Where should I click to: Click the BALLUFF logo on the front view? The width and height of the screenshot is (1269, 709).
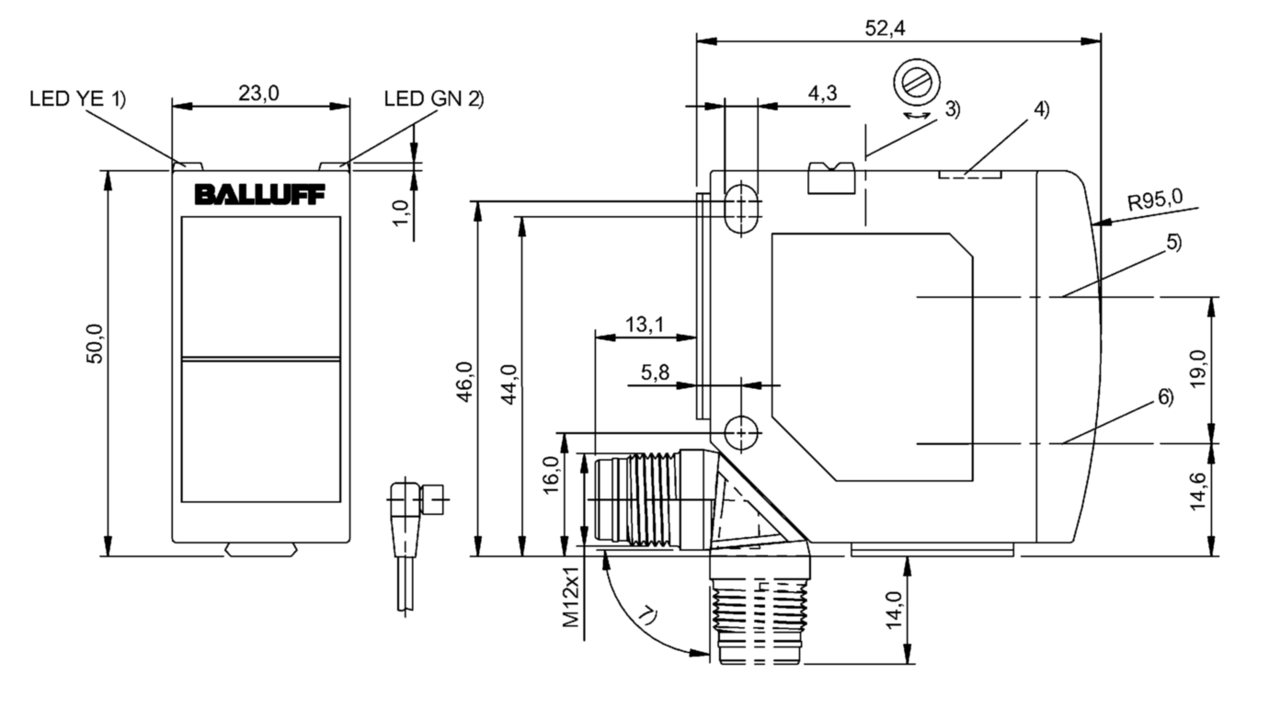tap(260, 195)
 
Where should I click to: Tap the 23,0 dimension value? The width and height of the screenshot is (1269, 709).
tap(260, 93)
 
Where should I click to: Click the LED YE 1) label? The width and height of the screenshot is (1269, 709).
tap(77, 99)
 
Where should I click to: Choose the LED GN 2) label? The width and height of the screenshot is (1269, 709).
tap(432, 99)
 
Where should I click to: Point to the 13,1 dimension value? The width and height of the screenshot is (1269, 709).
tap(646, 324)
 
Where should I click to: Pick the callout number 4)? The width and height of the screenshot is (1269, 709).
tap(1040, 109)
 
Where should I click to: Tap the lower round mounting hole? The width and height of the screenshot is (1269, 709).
tap(741, 430)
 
